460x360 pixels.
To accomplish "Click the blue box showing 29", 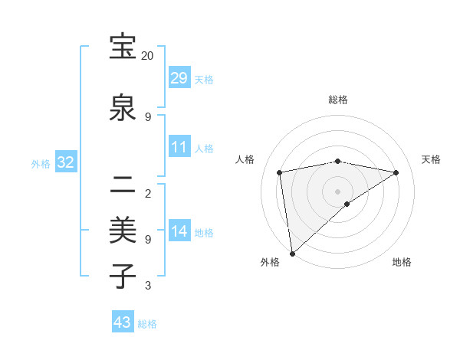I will (179, 78).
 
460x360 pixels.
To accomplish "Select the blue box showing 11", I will (179, 147).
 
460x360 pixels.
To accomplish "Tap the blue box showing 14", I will (179, 231).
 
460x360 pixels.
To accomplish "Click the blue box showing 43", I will (123, 322).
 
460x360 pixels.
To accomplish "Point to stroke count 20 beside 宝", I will (147, 56).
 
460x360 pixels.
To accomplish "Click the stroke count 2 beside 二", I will (148, 193).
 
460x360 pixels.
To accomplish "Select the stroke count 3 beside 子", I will (148, 286).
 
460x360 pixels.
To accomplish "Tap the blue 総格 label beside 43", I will (147, 324).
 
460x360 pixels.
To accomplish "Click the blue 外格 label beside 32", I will (41, 163).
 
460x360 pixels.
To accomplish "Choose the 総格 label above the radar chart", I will (338, 100).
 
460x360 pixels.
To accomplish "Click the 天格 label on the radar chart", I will (431, 159).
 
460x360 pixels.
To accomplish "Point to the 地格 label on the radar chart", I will (402, 263).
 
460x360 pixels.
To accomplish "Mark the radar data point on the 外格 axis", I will (292, 254).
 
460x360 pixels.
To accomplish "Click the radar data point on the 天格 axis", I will (396, 172).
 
